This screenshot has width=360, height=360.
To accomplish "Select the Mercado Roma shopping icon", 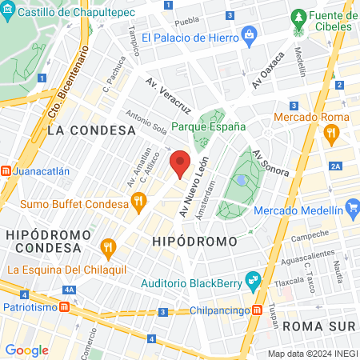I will point(330,136).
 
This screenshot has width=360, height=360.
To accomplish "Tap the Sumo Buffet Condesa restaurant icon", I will point(138,201).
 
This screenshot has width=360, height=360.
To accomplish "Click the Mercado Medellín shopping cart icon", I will point(353,210).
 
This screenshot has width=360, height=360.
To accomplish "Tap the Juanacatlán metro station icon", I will point(6,170).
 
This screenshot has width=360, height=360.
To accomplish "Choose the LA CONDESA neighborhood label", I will point(90,130).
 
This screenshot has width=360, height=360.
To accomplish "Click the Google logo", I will point(26,350).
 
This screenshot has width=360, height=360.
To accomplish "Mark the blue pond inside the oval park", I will point(241,181).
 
